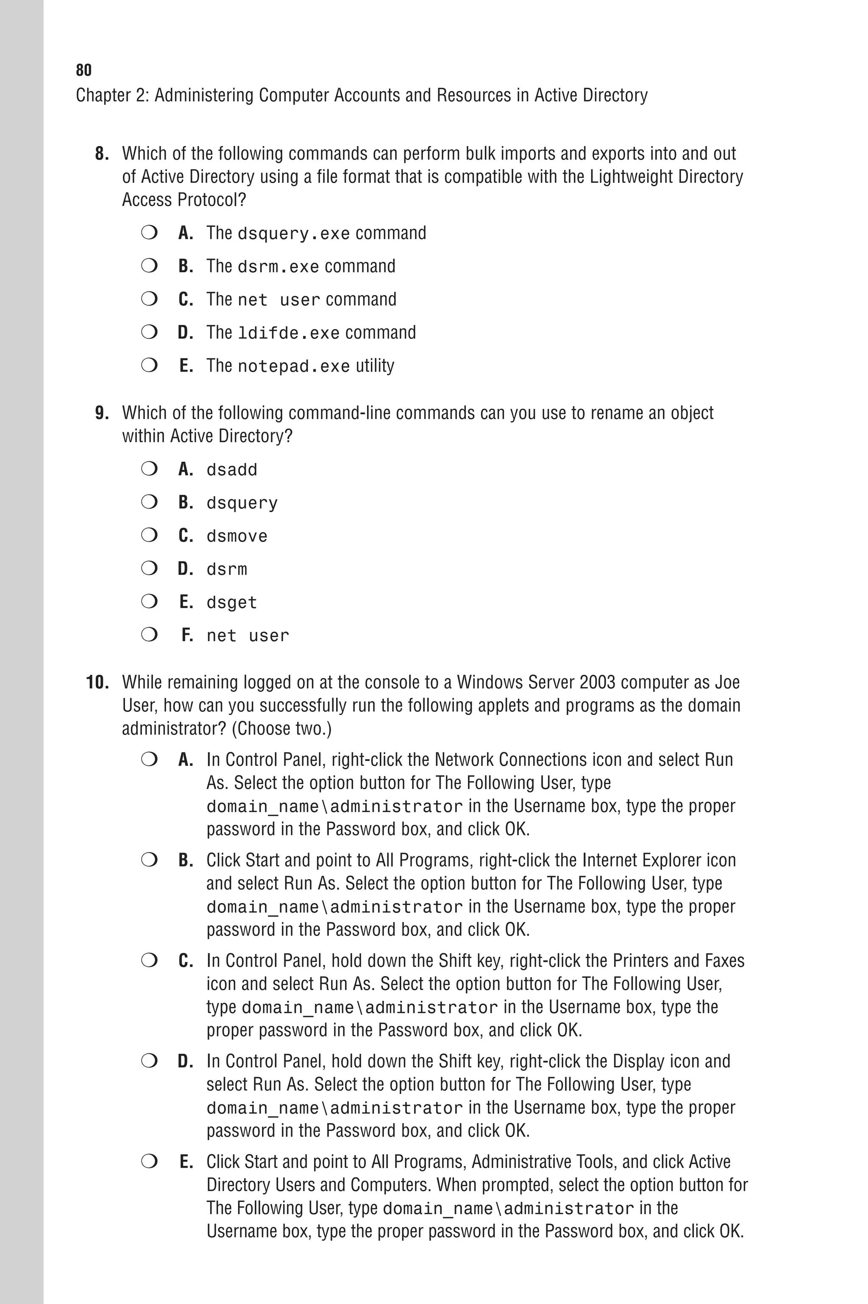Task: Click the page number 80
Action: [x=83, y=70]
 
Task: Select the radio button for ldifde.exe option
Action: [x=149, y=332]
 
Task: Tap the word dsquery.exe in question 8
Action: [x=293, y=234]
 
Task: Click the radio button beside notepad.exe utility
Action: [x=149, y=366]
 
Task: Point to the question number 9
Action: [x=102, y=413]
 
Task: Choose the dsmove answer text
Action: [x=237, y=536]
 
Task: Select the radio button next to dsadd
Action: [x=149, y=469]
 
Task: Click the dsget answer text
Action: [x=231, y=603]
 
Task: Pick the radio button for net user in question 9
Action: [x=149, y=635]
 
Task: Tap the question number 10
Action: [x=97, y=682]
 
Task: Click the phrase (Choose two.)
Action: [x=281, y=729]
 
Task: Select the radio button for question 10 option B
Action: [x=149, y=860]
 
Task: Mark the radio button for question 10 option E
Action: [x=149, y=1161]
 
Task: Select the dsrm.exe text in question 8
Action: [x=278, y=267]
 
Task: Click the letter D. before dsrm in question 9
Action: [x=186, y=569]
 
